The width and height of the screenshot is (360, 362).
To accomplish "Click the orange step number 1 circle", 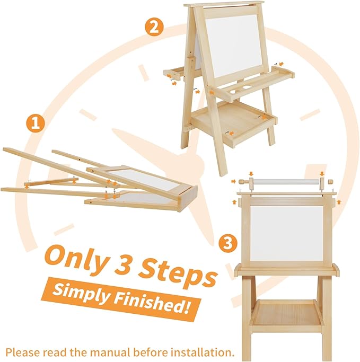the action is pos(35,123).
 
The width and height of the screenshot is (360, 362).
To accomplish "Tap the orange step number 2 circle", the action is pos(154,27).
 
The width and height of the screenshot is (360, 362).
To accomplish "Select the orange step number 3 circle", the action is pos(228,243).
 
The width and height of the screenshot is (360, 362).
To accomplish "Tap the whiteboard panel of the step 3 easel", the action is pos(287,233).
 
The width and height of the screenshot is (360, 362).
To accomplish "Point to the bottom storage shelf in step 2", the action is pos(233,123).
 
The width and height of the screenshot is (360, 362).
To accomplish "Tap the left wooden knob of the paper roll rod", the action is pos(242,181).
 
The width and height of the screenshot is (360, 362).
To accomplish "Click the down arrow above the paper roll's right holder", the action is pos(322,174).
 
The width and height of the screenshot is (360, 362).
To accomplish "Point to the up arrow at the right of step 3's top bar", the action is pos(339,202).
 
